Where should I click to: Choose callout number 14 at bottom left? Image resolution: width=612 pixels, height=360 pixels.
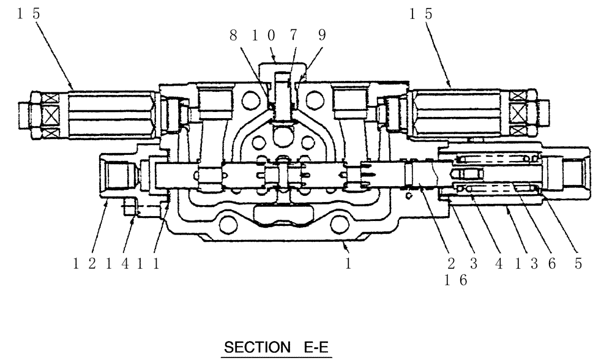pyautogui.click(x=115, y=263)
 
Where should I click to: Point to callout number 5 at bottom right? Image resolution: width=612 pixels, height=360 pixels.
pyautogui.click(x=578, y=263)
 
